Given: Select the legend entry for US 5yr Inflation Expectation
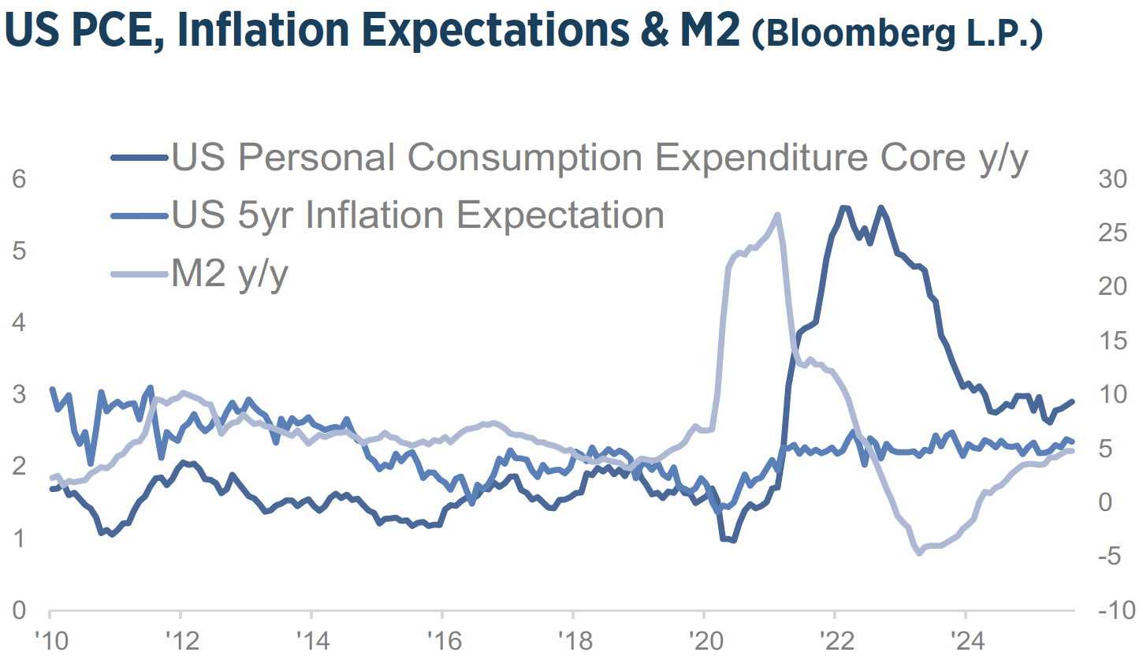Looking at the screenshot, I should tap(418, 215).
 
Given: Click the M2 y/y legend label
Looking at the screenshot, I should tap(229, 274).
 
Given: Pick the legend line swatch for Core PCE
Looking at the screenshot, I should tap(140, 158).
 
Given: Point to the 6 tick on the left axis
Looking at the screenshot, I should tap(19, 179).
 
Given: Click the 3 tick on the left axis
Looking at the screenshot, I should tap(19, 394).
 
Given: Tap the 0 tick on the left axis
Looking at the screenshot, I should tap(19, 609).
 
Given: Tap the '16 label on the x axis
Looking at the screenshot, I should tap(444, 641).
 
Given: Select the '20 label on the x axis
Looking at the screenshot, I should tap(706, 641).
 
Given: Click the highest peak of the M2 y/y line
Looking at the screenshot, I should tap(777, 214).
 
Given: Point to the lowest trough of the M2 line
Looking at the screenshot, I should tap(918, 553).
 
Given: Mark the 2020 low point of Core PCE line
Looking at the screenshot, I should tap(732, 540).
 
